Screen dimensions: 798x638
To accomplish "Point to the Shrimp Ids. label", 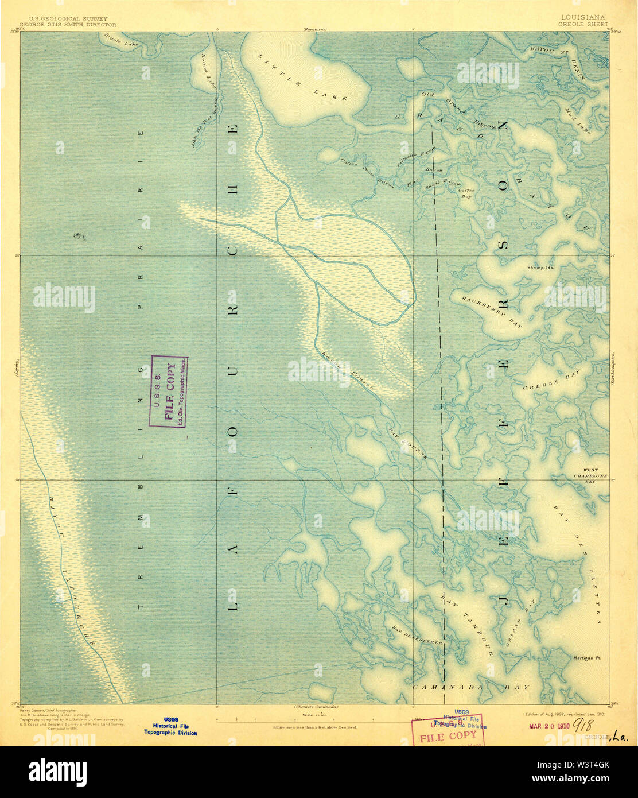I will coord(539,268).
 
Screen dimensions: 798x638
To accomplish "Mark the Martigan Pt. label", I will coord(586,658).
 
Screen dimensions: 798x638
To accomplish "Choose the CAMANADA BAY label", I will coord(471,687).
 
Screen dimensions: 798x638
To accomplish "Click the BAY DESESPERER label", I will coord(417,634).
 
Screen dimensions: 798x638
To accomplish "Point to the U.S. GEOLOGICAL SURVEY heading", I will coord(64,18).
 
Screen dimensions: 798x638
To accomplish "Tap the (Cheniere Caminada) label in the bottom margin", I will coord(314,707).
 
